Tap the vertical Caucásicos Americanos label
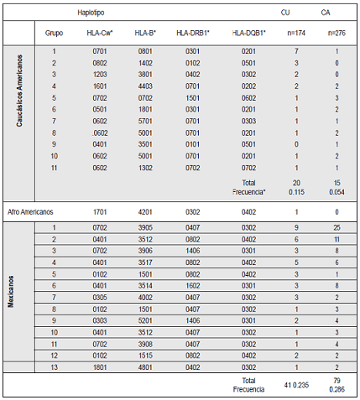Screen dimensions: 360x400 (12, 109)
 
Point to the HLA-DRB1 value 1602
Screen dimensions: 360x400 (192, 286)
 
